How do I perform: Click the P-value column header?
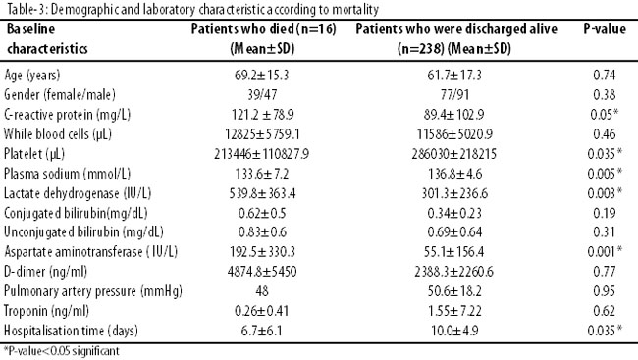pos(605,28)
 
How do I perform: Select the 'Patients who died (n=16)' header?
pos(264,28)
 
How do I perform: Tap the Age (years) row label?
pos(32,76)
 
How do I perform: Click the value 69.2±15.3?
pos(262,75)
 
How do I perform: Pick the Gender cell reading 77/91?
pos(454,95)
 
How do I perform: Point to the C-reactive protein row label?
pos(67,115)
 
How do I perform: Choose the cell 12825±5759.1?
pos(262,134)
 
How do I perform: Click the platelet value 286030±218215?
pos(454,154)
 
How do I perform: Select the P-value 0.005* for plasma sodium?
pos(605,174)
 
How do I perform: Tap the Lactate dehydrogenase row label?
pos(78,193)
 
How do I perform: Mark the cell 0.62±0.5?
pos(262,213)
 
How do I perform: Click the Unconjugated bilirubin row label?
pos(83,232)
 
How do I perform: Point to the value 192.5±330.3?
pos(262,252)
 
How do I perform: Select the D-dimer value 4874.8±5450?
pos(262,272)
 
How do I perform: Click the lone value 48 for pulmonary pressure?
pos(262,291)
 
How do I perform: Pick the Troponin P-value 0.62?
pos(605,311)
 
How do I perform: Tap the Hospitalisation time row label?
pos(71,331)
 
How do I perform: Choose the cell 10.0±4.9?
pos(454,331)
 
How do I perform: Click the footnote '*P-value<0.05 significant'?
pos(62,351)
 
